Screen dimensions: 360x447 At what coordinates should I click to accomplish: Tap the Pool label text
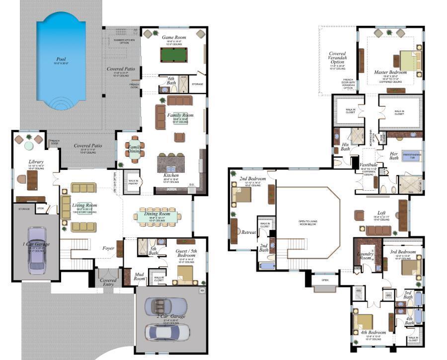60,60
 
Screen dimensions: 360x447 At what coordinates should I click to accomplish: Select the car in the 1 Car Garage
37,250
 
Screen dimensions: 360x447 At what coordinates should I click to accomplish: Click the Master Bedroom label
390,72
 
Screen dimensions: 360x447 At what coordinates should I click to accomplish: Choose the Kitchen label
171,175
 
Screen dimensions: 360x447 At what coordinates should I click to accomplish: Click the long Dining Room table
157,216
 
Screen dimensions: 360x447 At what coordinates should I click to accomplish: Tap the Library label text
36,162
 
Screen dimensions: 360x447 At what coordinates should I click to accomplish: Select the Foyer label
108,248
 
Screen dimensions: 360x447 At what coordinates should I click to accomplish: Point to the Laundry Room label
366,256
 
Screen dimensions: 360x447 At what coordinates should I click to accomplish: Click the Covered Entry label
108,283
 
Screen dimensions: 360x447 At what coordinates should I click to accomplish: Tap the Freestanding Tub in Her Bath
411,155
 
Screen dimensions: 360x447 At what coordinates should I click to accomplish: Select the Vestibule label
369,165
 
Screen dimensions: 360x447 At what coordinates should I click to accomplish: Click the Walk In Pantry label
133,181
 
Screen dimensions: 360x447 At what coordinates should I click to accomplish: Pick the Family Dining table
135,150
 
